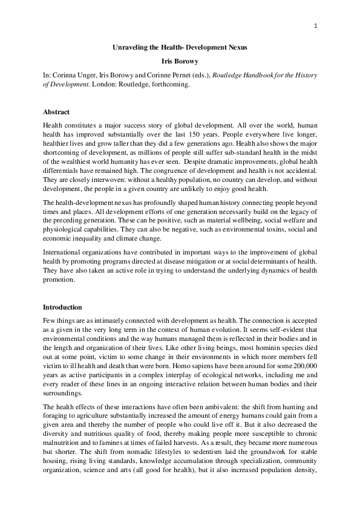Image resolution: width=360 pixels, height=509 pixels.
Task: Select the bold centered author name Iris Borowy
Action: click(x=180, y=62)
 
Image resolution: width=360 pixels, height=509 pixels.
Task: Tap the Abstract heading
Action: click(x=56, y=112)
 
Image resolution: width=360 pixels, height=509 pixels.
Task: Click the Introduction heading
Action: click(x=62, y=307)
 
